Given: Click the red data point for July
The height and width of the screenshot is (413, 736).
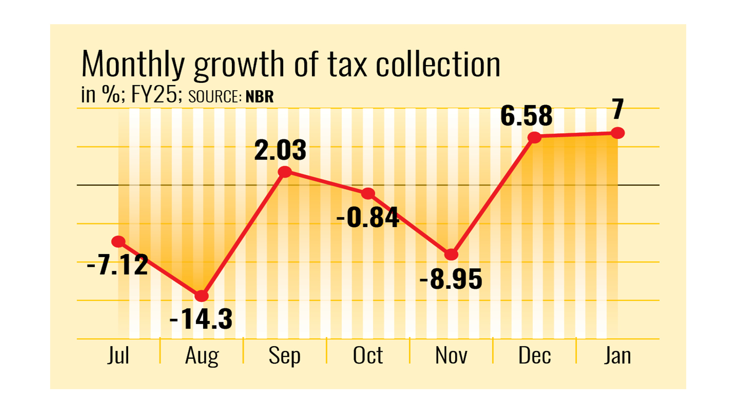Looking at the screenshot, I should tap(118, 241).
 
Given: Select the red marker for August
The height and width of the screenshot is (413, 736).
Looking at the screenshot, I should tap(202, 296).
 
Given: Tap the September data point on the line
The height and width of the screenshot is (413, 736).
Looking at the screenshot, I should tap(285, 172).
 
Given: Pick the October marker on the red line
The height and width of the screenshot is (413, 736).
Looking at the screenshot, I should tap(368, 193).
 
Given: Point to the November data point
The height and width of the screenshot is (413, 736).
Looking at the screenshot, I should tap(451, 255).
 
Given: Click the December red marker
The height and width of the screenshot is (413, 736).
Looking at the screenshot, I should tap(535, 137).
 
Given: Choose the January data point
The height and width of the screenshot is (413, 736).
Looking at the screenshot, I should tap(618, 133).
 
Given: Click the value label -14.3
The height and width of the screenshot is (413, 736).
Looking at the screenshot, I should tap(201, 319).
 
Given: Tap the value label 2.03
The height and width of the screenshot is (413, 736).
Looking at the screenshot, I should tap(280, 150).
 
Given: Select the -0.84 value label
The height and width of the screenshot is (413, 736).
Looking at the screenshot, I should tap(368, 218).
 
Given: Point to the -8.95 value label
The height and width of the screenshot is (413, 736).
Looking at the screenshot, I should tap(451, 279).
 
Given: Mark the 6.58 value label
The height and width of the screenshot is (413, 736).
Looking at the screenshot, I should tap(526, 116).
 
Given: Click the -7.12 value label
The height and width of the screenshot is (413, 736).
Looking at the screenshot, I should tap(117, 265).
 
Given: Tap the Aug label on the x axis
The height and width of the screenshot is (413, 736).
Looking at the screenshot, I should tap(202, 356).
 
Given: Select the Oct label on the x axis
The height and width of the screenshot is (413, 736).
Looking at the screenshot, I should tap(368, 356).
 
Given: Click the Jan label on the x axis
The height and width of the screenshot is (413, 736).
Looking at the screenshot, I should tap(618, 356).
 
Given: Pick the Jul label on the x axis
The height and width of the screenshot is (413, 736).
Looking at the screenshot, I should tap(118, 356).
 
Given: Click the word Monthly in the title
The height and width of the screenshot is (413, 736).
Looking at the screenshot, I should tap(133, 64).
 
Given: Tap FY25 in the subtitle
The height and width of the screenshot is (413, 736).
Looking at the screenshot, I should tap(154, 95).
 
